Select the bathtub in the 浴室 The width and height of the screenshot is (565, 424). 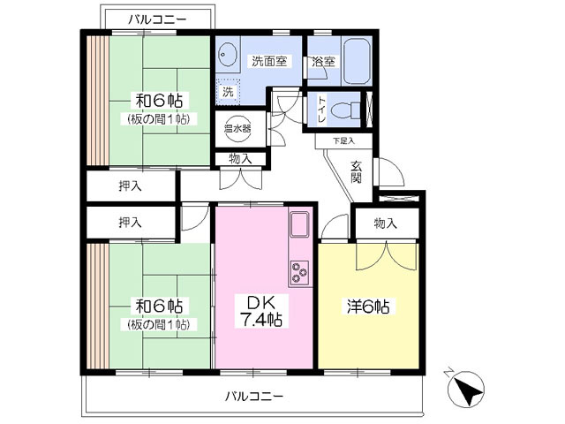[359, 59]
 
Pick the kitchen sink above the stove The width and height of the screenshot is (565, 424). [298, 225]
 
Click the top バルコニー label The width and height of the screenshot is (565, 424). [155, 18]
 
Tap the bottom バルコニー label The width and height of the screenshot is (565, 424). [253, 396]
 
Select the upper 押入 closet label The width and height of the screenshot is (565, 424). [132, 187]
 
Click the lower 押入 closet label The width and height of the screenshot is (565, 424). [132, 223]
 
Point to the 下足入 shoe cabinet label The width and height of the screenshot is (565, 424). [343, 140]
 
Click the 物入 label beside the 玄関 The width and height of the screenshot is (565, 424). [386, 224]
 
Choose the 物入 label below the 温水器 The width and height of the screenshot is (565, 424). [239, 159]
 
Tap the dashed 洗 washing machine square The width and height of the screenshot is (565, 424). [229, 91]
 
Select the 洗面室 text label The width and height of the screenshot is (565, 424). [268, 62]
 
